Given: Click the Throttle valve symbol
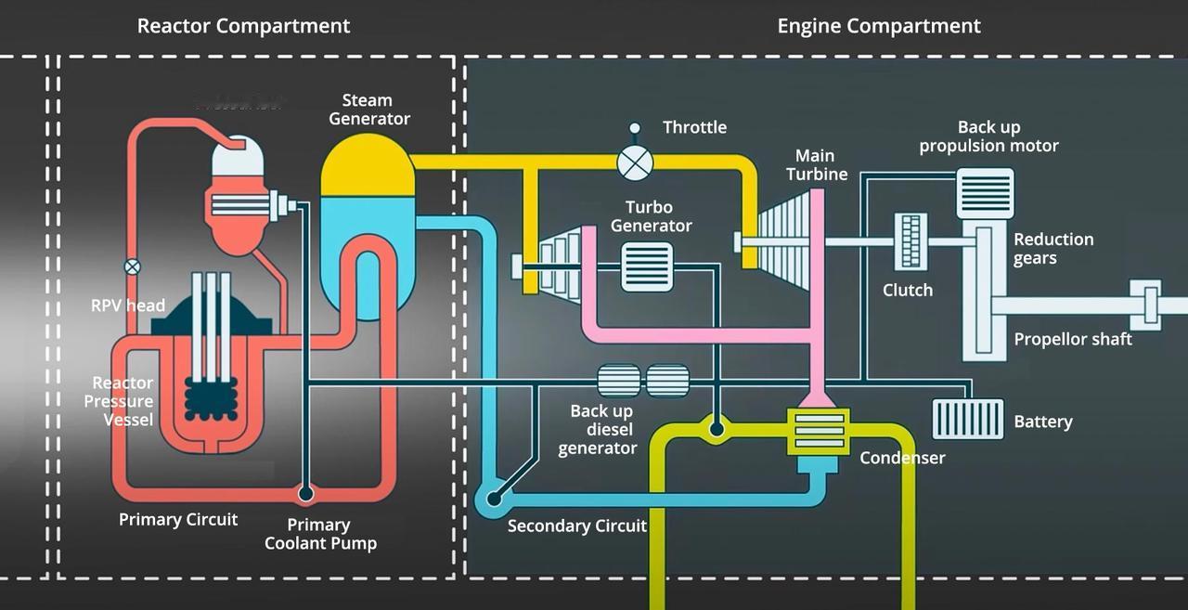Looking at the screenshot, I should coord(635,163).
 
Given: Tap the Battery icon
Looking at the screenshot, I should coord(968,419).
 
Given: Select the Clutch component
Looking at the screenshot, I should coord(910,241).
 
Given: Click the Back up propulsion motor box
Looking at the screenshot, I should coord(985,193).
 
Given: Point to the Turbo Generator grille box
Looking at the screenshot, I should coord(647,266).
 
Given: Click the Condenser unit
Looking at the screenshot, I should coord(818,431).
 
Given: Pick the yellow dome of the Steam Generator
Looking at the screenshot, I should coord(367,168).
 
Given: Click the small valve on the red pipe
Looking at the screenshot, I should coord(133,267).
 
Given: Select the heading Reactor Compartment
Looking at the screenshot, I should coord(243,26).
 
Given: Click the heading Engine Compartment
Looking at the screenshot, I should coord(878,26).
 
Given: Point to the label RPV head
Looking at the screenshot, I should coord(128,305).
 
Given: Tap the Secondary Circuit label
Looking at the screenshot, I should coord(576,526).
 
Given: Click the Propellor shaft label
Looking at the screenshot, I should coord(1072,339).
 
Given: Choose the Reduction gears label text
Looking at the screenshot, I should coord(1053,249).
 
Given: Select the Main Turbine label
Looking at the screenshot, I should coord(817,164).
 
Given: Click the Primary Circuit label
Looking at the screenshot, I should coord(178,519).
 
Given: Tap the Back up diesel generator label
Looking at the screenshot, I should coord(599,429).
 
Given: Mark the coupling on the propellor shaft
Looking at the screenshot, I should coord(1151,305).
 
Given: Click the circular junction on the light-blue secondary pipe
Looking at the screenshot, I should coord(494,499).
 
